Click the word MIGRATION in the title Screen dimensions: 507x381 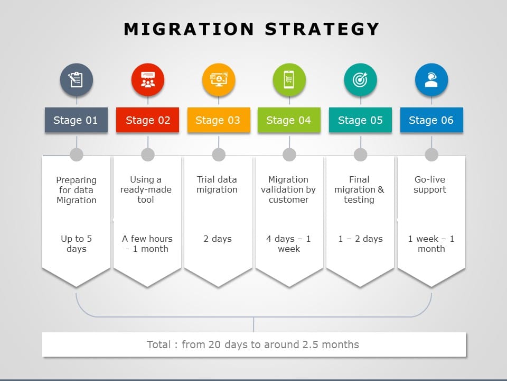coord(189,29)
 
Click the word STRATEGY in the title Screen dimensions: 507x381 coord(322,29)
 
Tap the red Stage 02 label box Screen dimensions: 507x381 coord(147,120)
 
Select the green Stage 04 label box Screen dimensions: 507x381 coord(289,120)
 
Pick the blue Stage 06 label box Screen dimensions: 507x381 coord(431,120)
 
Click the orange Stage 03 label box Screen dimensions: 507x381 coord(219,120)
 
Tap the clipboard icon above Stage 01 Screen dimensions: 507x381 coord(76,80)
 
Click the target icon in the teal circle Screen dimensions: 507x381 coord(360,80)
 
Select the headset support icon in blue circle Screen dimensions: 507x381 coord(431,80)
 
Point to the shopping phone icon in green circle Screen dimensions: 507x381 coord(289,80)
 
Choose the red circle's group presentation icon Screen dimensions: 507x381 coord(148,80)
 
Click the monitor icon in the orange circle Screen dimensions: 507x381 coord(219,80)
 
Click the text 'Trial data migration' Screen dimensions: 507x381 coord(217,184)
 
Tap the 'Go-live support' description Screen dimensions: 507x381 coord(430,184)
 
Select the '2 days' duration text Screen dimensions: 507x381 coord(218,239)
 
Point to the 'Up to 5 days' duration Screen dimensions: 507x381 coord(76,243)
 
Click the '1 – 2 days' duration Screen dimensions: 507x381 coord(361,239)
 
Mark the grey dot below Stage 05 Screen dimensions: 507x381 coord(361,155)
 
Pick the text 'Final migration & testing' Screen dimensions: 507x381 coord(359,189)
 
